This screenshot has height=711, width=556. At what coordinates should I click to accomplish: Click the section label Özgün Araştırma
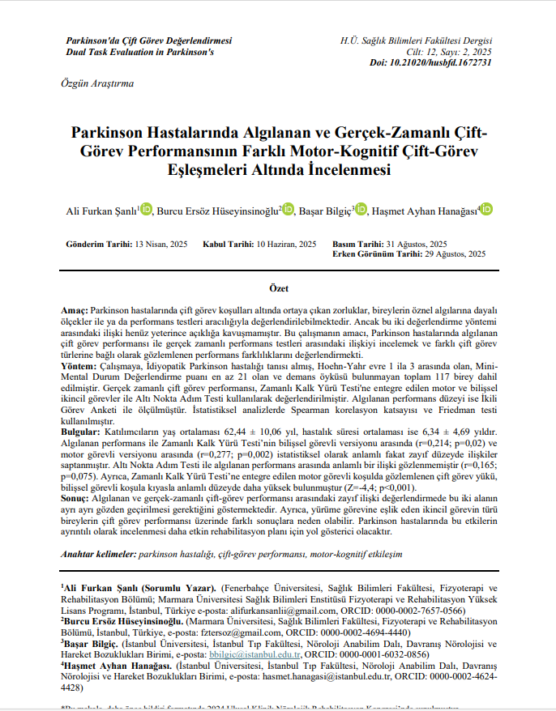click(98, 83)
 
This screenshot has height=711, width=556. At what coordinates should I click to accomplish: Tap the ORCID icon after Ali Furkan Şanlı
click(146, 210)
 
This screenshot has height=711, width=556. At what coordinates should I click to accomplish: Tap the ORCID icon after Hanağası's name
click(486, 210)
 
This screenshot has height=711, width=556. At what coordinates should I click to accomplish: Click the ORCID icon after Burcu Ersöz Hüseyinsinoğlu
click(288, 210)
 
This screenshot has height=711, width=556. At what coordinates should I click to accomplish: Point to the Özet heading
click(278, 288)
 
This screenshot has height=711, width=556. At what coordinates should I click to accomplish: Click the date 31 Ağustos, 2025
click(416, 245)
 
